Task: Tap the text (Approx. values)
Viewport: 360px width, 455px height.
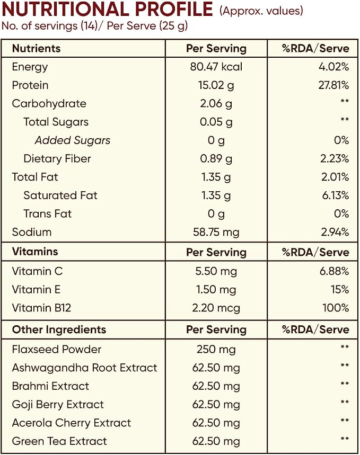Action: (x=261, y=11)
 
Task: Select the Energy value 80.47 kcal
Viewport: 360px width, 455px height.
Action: (x=216, y=67)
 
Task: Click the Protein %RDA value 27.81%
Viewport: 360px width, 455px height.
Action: (x=333, y=85)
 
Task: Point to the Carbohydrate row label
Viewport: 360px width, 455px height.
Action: (x=49, y=104)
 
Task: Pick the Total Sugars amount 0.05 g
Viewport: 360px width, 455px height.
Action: (x=216, y=122)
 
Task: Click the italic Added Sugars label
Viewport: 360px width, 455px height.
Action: (x=73, y=140)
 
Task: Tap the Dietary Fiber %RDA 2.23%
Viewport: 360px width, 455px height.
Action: (x=335, y=159)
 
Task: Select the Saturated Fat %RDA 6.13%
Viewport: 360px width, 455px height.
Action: (x=336, y=195)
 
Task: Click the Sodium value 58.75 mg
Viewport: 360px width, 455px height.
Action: (x=216, y=233)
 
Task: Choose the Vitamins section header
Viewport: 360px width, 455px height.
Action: (x=35, y=251)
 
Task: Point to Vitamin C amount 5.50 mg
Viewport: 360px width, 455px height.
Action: (x=216, y=271)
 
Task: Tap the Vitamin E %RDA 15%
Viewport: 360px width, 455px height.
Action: (x=340, y=290)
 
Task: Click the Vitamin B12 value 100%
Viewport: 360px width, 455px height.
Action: (x=336, y=308)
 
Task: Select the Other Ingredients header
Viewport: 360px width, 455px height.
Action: (x=59, y=329)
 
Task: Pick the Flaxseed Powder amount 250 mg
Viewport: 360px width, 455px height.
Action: (x=216, y=350)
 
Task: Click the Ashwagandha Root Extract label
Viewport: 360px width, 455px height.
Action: (x=84, y=368)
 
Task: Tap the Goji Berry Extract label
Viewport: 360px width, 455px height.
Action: (x=58, y=405)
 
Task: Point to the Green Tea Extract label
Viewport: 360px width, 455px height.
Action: (x=59, y=441)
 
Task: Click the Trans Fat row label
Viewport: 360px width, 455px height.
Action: (x=47, y=214)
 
